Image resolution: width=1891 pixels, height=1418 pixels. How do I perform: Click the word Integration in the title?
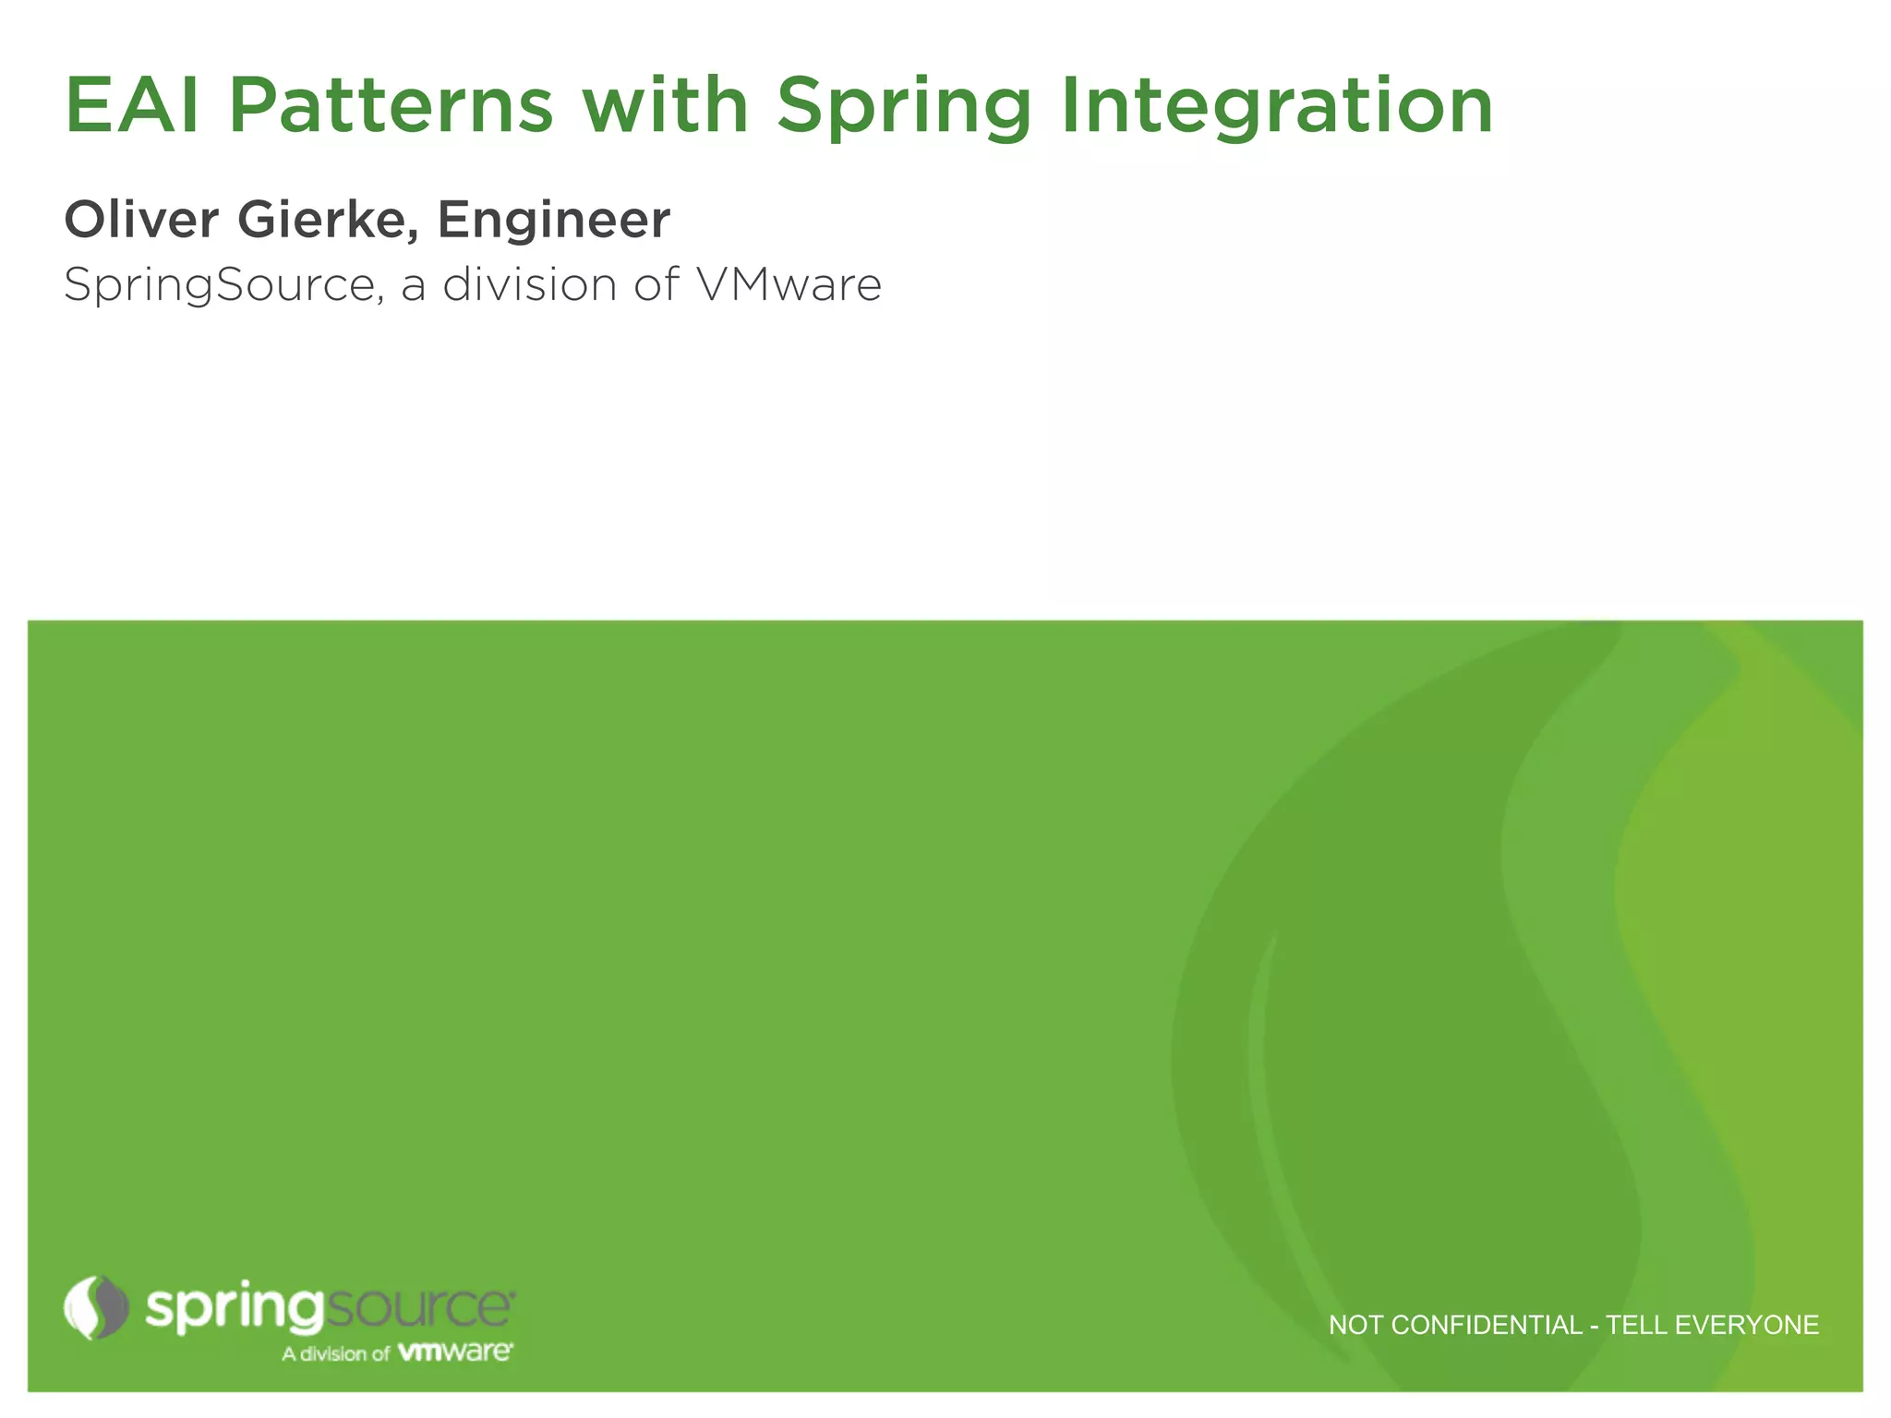(1277, 107)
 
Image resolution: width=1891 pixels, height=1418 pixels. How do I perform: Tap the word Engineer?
(554, 220)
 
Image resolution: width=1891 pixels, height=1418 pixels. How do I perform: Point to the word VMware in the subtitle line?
(789, 283)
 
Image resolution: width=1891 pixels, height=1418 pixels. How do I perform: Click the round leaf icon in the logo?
(96, 1307)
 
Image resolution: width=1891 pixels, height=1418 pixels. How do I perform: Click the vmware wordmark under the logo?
(454, 1352)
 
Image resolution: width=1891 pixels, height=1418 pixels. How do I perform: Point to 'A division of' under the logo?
(336, 1353)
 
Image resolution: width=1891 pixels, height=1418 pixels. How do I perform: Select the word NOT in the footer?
(1355, 1326)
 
